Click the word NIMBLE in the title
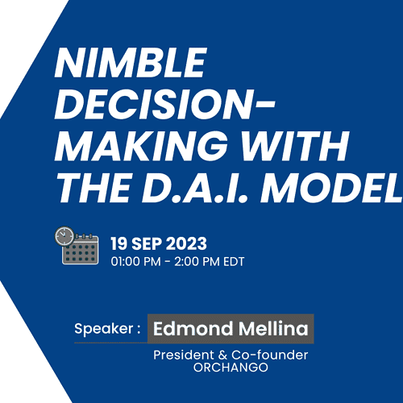131,63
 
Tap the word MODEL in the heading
330,187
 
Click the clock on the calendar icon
64,236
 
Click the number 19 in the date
118,243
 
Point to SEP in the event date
147,243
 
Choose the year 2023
187,243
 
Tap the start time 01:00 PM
135,261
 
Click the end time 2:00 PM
197,261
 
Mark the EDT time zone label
234,261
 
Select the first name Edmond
193,328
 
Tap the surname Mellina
273,328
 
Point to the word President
184,355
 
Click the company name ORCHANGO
231,368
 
